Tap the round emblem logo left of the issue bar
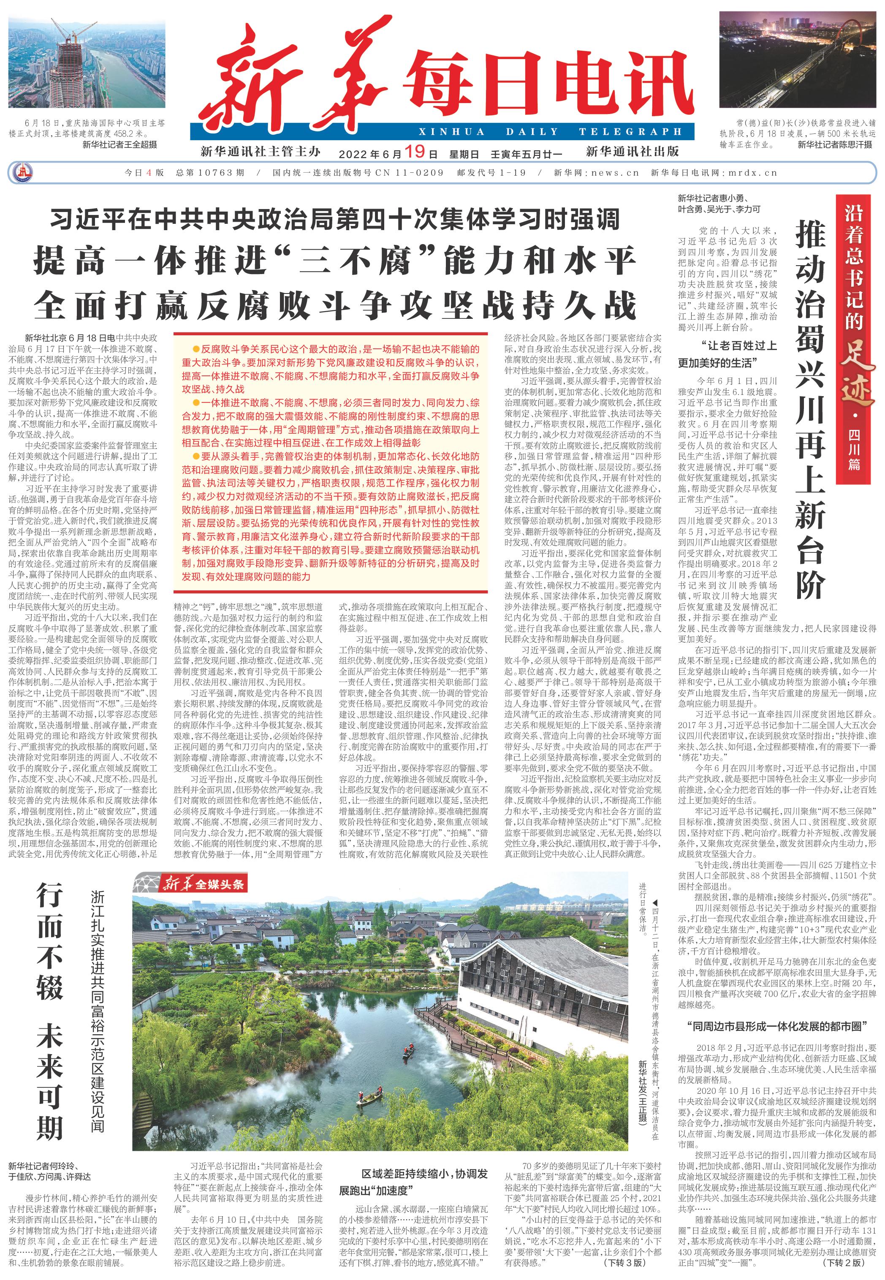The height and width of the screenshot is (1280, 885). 23,172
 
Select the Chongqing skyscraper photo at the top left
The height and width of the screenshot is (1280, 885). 87,60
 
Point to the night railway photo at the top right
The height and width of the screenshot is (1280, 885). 798,60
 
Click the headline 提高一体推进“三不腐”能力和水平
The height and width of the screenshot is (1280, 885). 334,261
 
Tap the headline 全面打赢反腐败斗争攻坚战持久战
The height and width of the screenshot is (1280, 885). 334,305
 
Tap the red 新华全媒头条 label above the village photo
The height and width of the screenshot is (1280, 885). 202,885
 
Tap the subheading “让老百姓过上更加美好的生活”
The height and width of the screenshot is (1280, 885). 728,354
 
